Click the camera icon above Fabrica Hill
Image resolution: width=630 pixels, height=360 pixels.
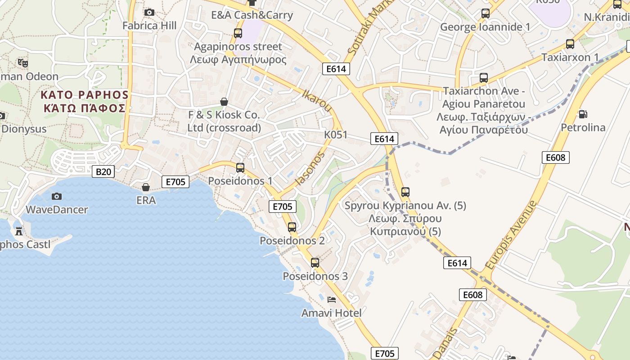click(149, 12)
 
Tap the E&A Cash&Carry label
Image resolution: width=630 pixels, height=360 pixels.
click(252, 15)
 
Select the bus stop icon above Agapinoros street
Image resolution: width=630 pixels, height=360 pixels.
click(238, 33)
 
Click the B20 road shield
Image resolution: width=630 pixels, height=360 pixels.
click(103, 171)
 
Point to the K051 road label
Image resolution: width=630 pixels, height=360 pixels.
click(336, 135)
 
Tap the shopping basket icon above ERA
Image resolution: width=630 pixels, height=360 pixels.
click(146, 187)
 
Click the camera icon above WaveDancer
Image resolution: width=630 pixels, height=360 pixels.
click(57, 196)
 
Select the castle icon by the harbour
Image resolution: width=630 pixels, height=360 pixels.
click(19, 231)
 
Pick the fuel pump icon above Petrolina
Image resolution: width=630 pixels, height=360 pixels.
click(583, 114)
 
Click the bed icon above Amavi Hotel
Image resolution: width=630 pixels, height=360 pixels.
click(332, 299)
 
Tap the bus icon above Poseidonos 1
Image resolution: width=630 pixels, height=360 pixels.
click(240, 168)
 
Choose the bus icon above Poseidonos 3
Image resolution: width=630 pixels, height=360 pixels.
click(315, 262)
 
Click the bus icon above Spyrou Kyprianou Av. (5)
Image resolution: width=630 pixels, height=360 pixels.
click(405, 192)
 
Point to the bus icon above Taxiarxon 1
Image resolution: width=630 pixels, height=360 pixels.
click(570, 44)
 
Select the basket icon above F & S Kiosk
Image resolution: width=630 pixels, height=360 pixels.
click(224, 102)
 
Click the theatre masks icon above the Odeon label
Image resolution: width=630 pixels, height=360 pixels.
click(22, 63)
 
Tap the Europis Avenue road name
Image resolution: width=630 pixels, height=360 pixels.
click(511, 235)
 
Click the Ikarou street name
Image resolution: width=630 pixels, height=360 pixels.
click(318, 100)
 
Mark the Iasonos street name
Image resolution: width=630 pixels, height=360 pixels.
click(310, 169)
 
